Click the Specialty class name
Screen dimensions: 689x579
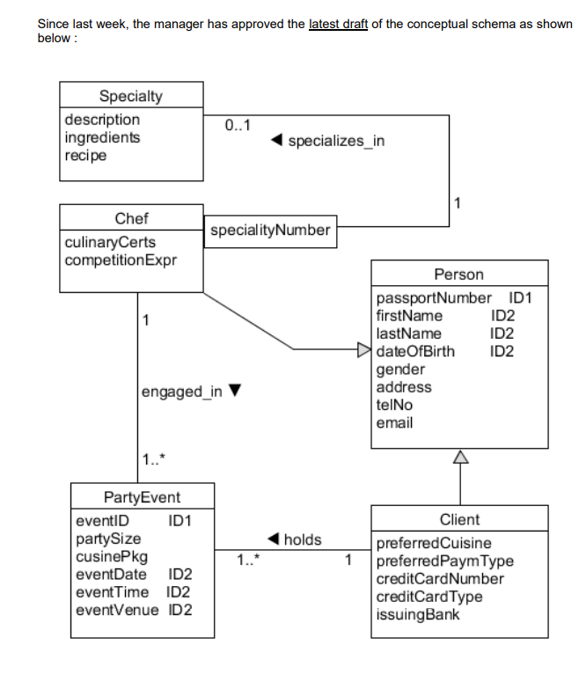[x=130, y=96]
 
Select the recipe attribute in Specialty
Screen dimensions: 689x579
[x=86, y=156]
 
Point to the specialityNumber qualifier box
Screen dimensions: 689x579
[x=270, y=231]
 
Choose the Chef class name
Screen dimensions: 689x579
[x=131, y=218]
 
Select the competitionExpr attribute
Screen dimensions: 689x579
[x=121, y=260]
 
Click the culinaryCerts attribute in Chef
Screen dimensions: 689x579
[x=110, y=242]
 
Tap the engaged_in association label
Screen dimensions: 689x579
[x=182, y=392]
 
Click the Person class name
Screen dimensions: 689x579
[x=458, y=275]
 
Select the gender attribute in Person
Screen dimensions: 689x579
[x=399, y=370]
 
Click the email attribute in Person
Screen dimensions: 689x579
[x=394, y=423]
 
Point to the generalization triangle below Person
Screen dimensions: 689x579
[x=459, y=456]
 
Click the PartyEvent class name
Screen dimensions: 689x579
[x=142, y=497]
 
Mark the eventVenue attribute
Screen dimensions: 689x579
[x=118, y=610]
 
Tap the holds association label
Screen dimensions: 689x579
[x=302, y=539]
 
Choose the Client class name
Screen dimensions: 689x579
[x=459, y=520]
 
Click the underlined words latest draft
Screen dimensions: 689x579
[x=338, y=24]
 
